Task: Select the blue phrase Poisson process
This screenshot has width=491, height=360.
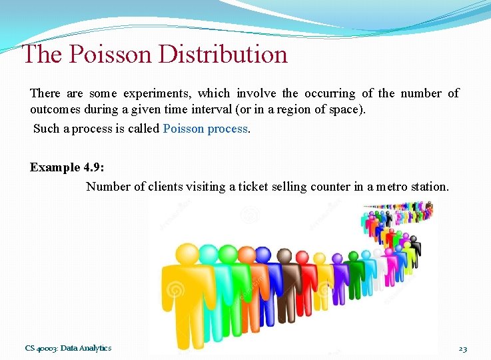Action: click(205, 129)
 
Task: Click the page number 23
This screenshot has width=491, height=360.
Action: click(462, 349)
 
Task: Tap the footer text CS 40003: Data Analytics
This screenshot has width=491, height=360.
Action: click(68, 348)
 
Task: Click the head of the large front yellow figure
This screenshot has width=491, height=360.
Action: click(187, 256)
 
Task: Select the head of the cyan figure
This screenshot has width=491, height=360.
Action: click(209, 254)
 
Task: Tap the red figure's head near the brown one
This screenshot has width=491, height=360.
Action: click(302, 257)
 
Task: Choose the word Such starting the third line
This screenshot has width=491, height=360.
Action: click(46, 129)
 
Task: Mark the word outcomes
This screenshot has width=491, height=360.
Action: click(55, 110)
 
